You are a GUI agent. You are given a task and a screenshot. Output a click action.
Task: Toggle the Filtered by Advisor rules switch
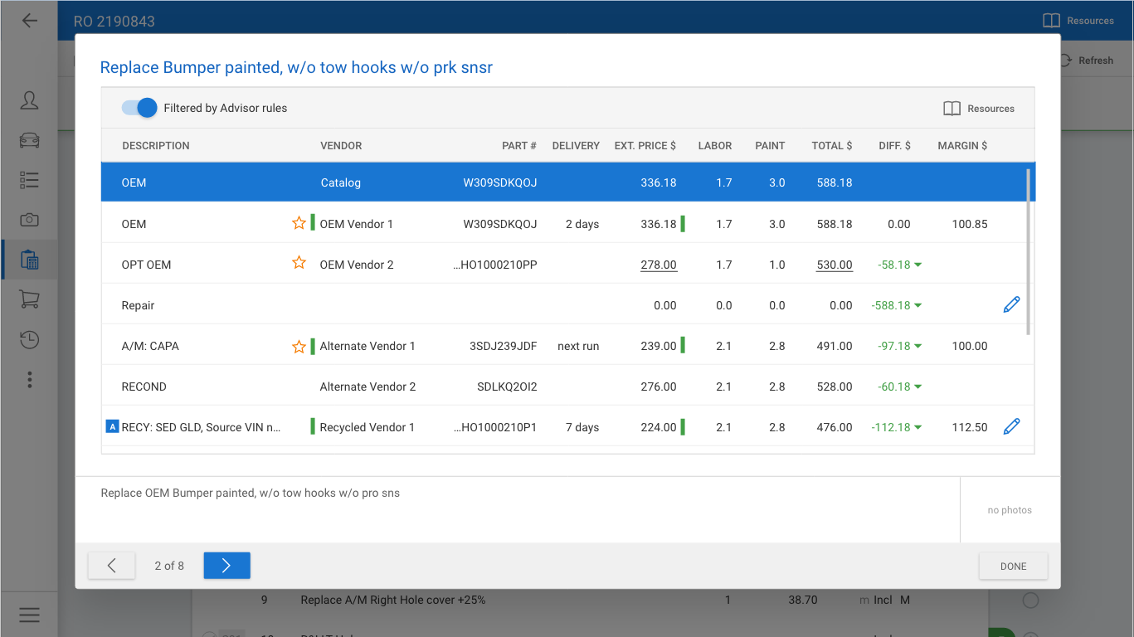pos(139,108)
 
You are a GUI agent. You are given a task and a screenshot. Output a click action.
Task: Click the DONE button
pos(1013,566)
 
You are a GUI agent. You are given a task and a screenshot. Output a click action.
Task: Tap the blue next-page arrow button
pos(226,566)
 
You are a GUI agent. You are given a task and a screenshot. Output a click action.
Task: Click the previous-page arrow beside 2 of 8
pos(111,566)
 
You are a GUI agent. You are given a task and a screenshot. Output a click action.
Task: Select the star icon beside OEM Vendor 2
pos(299,264)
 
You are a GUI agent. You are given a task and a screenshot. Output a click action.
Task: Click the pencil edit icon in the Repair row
pos(1011,304)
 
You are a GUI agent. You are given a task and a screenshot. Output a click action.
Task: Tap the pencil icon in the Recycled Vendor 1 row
pos(1011,426)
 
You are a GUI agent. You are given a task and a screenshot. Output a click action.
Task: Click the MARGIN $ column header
pos(962,145)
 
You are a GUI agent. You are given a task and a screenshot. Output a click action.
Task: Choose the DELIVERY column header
pos(576,145)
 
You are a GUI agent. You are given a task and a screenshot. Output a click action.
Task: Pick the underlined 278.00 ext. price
pos(659,265)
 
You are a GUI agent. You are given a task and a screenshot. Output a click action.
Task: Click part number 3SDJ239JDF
pos(503,346)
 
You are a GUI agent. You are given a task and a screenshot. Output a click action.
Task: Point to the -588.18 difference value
pos(891,305)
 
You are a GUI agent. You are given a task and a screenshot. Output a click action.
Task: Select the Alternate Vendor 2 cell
pos(367,387)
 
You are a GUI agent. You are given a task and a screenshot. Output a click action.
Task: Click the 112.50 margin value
pos(970,427)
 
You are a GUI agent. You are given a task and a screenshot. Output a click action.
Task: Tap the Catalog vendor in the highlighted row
pos(340,182)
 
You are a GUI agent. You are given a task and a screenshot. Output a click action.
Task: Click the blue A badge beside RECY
pos(112,427)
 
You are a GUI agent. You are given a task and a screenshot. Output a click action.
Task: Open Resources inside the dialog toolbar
pos(979,109)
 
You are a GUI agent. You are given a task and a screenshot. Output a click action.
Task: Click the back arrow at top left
pos(29,21)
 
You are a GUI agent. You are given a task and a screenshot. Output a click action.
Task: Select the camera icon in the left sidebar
pos(29,220)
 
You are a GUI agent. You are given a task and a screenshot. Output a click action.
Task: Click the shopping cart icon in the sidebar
pos(29,299)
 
